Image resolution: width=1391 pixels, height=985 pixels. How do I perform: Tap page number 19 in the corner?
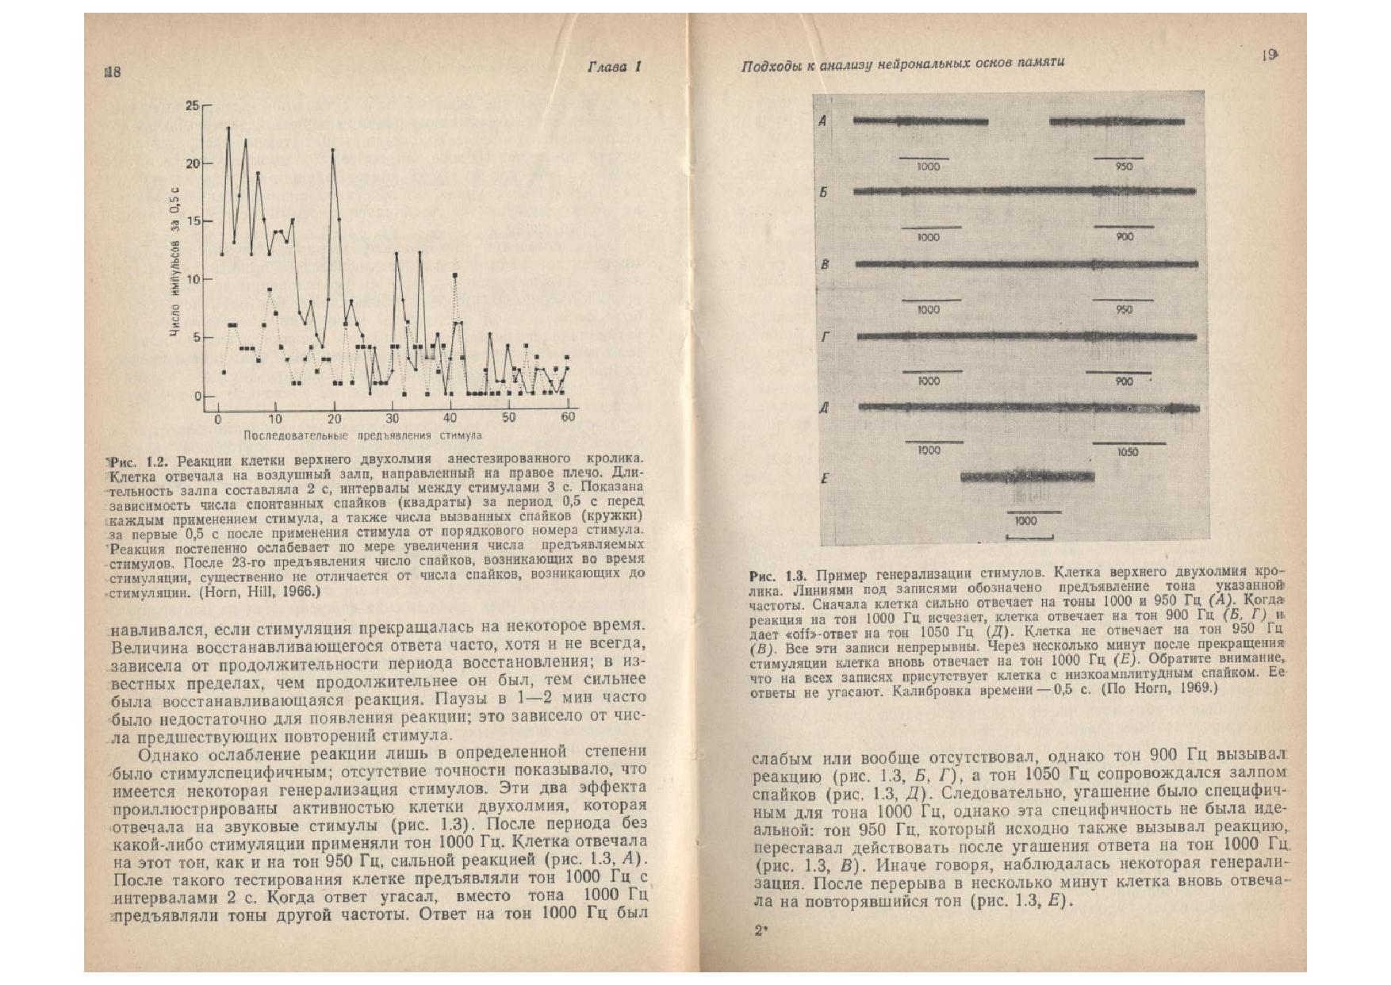(x=1266, y=56)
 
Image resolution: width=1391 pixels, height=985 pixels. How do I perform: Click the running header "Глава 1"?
(x=614, y=67)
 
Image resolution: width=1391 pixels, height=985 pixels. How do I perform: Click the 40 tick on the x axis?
(x=450, y=418)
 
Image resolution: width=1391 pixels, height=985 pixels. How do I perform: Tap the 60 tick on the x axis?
(x=568, y=417)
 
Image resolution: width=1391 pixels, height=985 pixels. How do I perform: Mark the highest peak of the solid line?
(x=228, y=128)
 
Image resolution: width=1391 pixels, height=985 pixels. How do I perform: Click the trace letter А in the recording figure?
(x=823, y=121)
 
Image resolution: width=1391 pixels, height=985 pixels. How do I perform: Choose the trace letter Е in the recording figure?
(x=826, y=478)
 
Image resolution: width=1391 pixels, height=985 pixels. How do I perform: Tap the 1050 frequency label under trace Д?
(x=1127, y=452)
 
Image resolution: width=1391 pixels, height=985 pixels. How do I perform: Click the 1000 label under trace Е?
(x=1025, y=521)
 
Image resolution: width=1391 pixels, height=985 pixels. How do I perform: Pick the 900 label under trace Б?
(x=1124, y=236)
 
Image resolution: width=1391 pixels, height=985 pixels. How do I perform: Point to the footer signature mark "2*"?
(x=761, y=933)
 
